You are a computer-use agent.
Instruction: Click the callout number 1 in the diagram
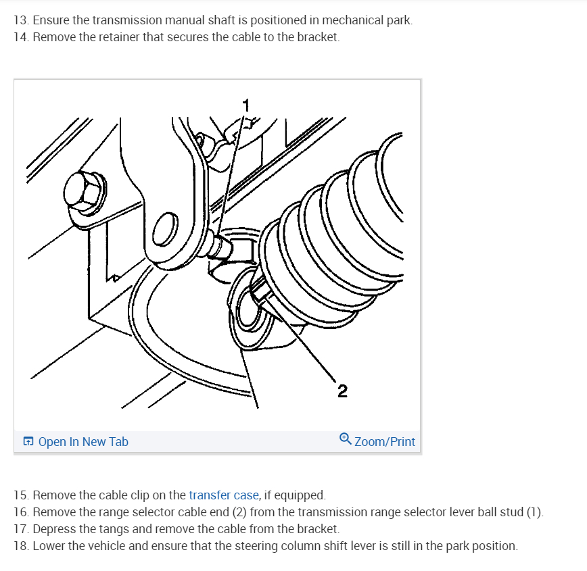point(246,105)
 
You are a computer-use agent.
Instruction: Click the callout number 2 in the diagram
point(342,391)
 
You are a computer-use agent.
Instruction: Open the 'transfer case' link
point(223,495)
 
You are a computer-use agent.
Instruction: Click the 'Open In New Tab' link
point(83,441)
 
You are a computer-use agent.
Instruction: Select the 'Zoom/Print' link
point(385,441)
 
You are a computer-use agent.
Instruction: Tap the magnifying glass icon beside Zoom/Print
point(345,439)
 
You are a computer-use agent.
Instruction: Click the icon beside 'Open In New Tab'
point(28,441)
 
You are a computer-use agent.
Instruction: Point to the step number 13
point(21,20)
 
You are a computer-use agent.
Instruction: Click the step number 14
point(21,37)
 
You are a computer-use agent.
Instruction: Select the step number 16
point(21,512)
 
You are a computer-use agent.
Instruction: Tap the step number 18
point(21,546)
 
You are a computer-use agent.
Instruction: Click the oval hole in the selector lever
point(166,229)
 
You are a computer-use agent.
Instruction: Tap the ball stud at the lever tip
point(219,245)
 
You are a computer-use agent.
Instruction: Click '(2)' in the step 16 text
point(239,512)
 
